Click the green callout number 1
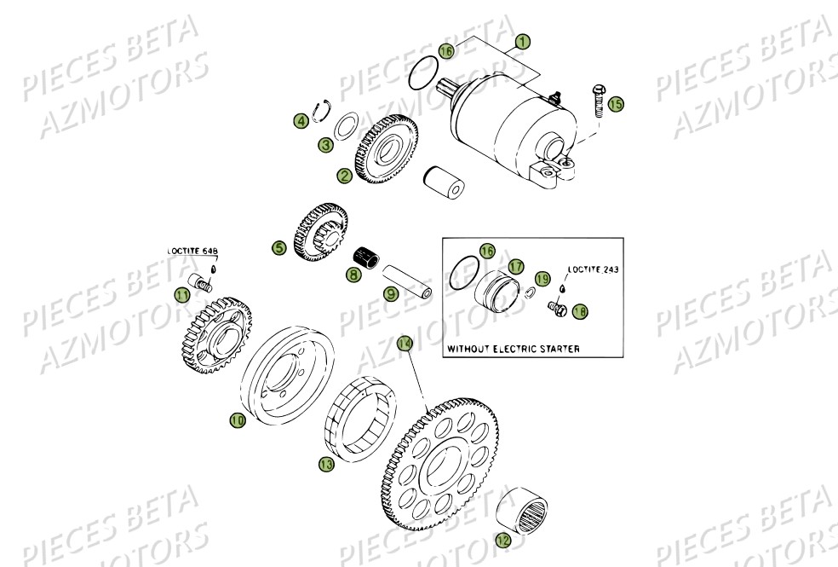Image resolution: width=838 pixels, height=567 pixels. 523,41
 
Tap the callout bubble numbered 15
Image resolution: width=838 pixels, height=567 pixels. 616,103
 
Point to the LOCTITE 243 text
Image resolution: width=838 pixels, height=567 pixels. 593,268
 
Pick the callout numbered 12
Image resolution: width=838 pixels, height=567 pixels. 503,539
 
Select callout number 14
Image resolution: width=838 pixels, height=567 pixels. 405,343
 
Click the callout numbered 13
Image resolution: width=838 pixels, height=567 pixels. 325,464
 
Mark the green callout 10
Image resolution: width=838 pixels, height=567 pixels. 237,420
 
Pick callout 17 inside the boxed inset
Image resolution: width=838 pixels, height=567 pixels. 515,267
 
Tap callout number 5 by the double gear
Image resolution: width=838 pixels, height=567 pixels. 278,248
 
